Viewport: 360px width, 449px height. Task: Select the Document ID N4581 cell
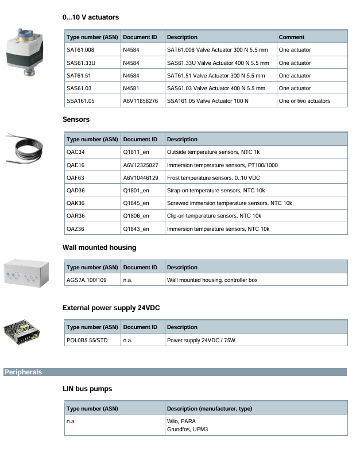(x=130, y=88)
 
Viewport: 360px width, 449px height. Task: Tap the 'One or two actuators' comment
(x=304, y=101)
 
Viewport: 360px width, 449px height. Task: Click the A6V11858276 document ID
(x=140, y=101)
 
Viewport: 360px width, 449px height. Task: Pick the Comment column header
(x=291, y=37)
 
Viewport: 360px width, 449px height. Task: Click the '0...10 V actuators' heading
(x=91, y=18)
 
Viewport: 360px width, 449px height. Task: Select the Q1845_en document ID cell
(x=136, y=203)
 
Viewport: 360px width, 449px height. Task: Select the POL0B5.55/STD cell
(x=87, y=340)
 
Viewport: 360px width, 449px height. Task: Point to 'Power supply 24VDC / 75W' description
(x=201, y=340)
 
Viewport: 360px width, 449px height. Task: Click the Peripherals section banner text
(x=23, y=372)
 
